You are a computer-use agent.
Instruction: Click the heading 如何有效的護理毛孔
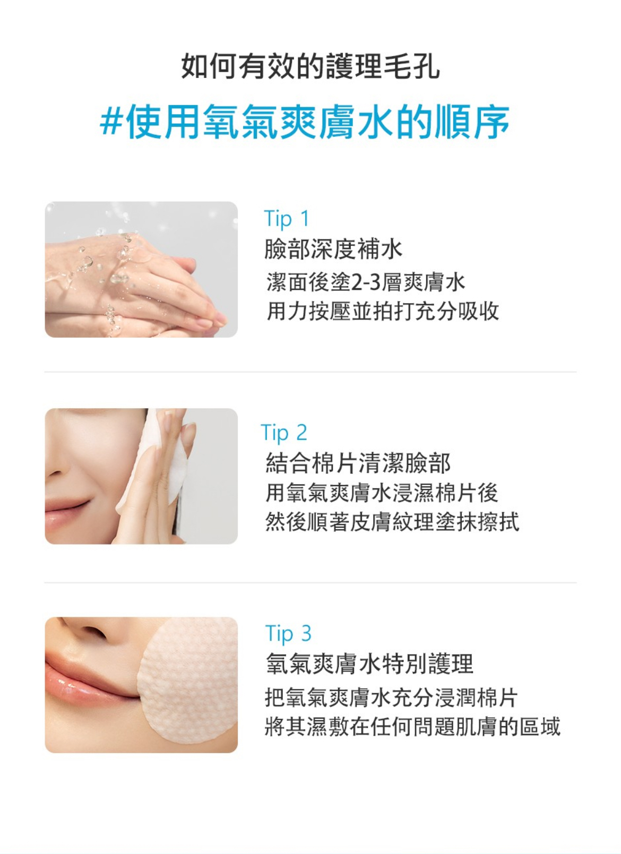(x=310, y=67)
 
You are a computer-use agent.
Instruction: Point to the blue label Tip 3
(x=288, y=634)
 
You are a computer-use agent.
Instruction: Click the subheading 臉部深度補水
(x=333, y=249)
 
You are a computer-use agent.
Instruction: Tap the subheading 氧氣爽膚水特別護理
(x=369, y=664)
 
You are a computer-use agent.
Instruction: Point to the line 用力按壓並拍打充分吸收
(x=382, y=311)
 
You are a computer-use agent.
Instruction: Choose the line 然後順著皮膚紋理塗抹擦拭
(x=392, y=522)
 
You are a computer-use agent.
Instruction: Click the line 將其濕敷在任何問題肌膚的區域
(x=412, y=726)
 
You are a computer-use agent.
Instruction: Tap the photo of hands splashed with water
(x=141, y=269)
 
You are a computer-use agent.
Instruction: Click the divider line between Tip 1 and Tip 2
(x=310, y=372)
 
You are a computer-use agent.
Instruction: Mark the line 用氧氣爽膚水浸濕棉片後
(x=382, y=493)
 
